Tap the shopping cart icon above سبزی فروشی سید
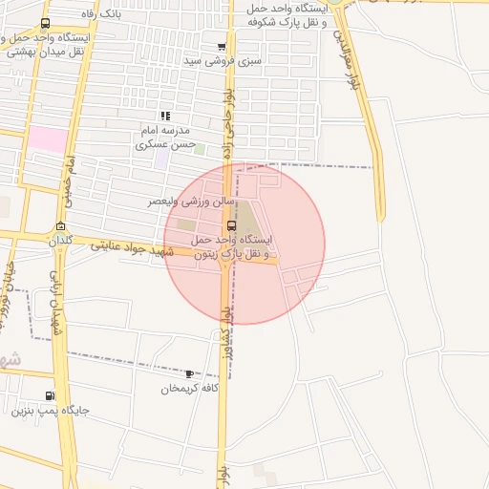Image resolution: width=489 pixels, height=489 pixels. pyautogui.click(x=222, y=46)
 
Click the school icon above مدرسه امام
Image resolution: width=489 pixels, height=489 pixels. pyautogui.click(x=165, y=116)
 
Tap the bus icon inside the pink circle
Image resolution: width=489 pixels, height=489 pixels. pyautogui.click(x=233, y=225)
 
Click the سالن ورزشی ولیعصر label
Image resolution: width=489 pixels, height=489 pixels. pyautogui.click(x=187, y=202)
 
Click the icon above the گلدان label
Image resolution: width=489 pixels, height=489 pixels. pyautogui.click(x=62, y=226)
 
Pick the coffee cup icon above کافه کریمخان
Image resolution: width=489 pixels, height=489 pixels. pyautogui.click(x=189, y=374)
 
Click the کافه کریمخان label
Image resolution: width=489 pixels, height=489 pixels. pyautogui.click(x=190, y=389)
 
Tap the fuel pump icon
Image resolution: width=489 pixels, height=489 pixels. pyautogui.click(x=50, y=396)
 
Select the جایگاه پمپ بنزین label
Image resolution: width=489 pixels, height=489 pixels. pyautogui.click(x=50, y=412)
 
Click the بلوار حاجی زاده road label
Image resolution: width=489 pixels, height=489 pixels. pyautogui.click(x=229, y=124)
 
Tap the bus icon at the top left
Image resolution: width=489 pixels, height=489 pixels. pyautogui.click(x=45, y=23)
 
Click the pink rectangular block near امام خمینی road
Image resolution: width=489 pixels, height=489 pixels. pyautogui.click(x=47, y=139)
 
